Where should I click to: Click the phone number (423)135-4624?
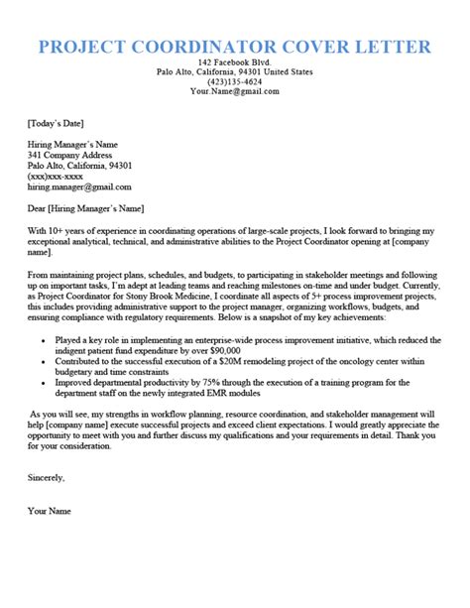pos(235,81)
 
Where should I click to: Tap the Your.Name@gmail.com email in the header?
pos(235,92)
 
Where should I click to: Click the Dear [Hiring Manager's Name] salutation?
pos(86,208)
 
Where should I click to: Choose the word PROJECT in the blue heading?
pos(83,47)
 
